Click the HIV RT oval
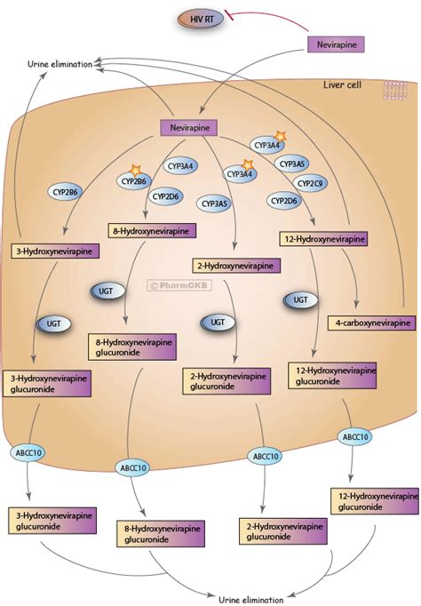pos(201,20)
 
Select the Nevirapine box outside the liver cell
pos(336,44)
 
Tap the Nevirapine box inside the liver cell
pos(189,128)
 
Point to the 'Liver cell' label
pos(342,84)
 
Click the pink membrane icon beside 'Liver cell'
pos(395,91)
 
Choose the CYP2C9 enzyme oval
pos(310,183)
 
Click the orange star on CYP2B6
pos(136,170)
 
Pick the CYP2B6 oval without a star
pos(65,191)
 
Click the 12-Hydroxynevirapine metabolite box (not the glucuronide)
pos(323,239)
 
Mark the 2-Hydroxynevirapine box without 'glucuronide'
pos(236,266)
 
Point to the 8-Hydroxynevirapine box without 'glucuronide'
pos(152,231)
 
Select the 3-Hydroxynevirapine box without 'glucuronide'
pos(55,251)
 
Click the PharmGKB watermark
pos(179,285)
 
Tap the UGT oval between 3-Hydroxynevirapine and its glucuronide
pos(54,323)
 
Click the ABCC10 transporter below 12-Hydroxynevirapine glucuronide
pos(355,436)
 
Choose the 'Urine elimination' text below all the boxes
pos(251,600)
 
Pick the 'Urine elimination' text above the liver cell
pos(60,64)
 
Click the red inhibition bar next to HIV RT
pos(229,16)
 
